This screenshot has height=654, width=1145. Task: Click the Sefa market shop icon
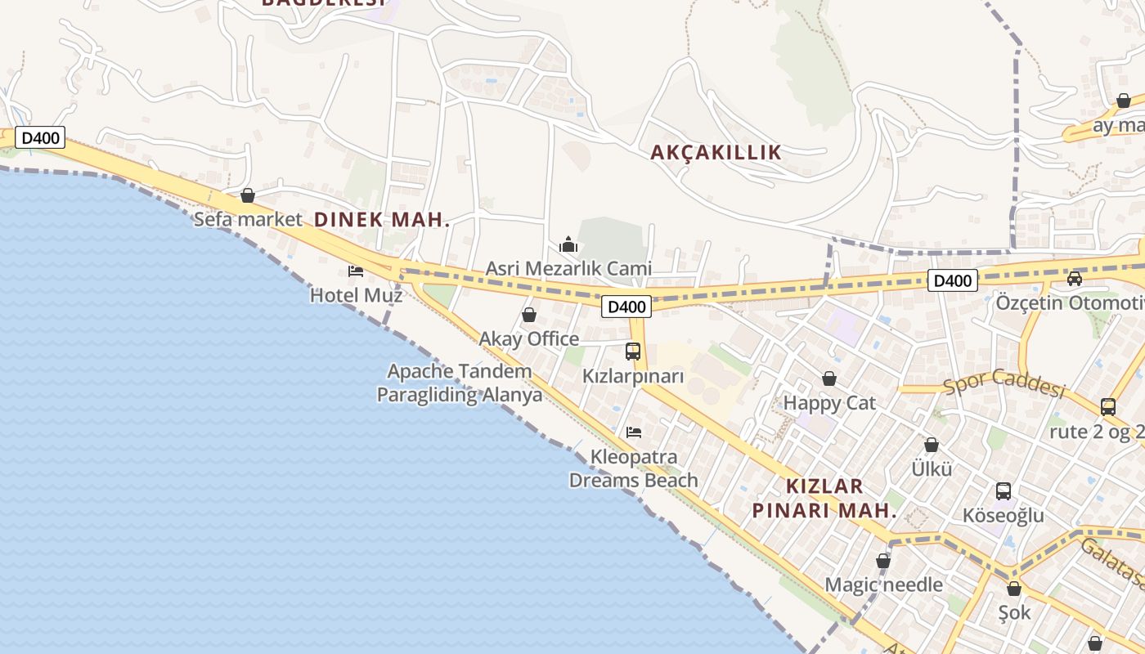248,195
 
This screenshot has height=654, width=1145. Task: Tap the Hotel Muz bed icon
356,271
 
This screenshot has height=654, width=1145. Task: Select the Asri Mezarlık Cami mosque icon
568,244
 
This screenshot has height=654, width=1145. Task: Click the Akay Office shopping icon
529,315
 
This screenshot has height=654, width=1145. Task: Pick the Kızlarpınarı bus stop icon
633,352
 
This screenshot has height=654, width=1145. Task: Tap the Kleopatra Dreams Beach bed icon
634,432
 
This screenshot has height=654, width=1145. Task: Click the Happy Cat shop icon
829,379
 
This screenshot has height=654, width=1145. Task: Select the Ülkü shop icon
932,445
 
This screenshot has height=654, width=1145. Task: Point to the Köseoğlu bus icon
1004,491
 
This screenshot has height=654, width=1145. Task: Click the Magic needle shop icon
883,561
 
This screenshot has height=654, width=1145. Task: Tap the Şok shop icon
1014,589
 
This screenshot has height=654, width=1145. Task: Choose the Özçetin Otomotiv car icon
1075,278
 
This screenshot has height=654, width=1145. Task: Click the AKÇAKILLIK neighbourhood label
716,152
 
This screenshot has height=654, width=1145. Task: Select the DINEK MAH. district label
382,219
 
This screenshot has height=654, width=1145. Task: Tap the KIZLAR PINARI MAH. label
824,499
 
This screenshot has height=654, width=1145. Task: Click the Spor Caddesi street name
1004,382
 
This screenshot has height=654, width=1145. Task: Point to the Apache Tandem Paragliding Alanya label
460,383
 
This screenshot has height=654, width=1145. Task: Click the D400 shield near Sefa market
40,137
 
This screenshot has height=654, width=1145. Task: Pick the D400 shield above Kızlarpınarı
626,307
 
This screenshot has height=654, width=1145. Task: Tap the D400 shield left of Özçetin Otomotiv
953,280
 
